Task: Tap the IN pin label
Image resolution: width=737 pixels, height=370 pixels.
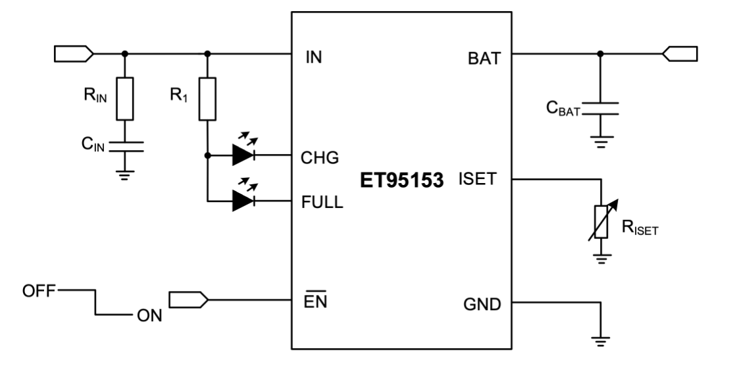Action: coord(314,57)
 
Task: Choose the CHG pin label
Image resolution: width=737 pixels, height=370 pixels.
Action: coord(319,157)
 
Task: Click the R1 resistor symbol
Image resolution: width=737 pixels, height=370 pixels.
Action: coord(207,99)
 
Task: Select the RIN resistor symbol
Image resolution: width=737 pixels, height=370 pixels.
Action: coord(125,98)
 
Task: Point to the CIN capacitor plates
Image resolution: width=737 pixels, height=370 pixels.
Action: coord(125,147)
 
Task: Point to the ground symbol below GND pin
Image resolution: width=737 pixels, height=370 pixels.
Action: coord(600,340)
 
